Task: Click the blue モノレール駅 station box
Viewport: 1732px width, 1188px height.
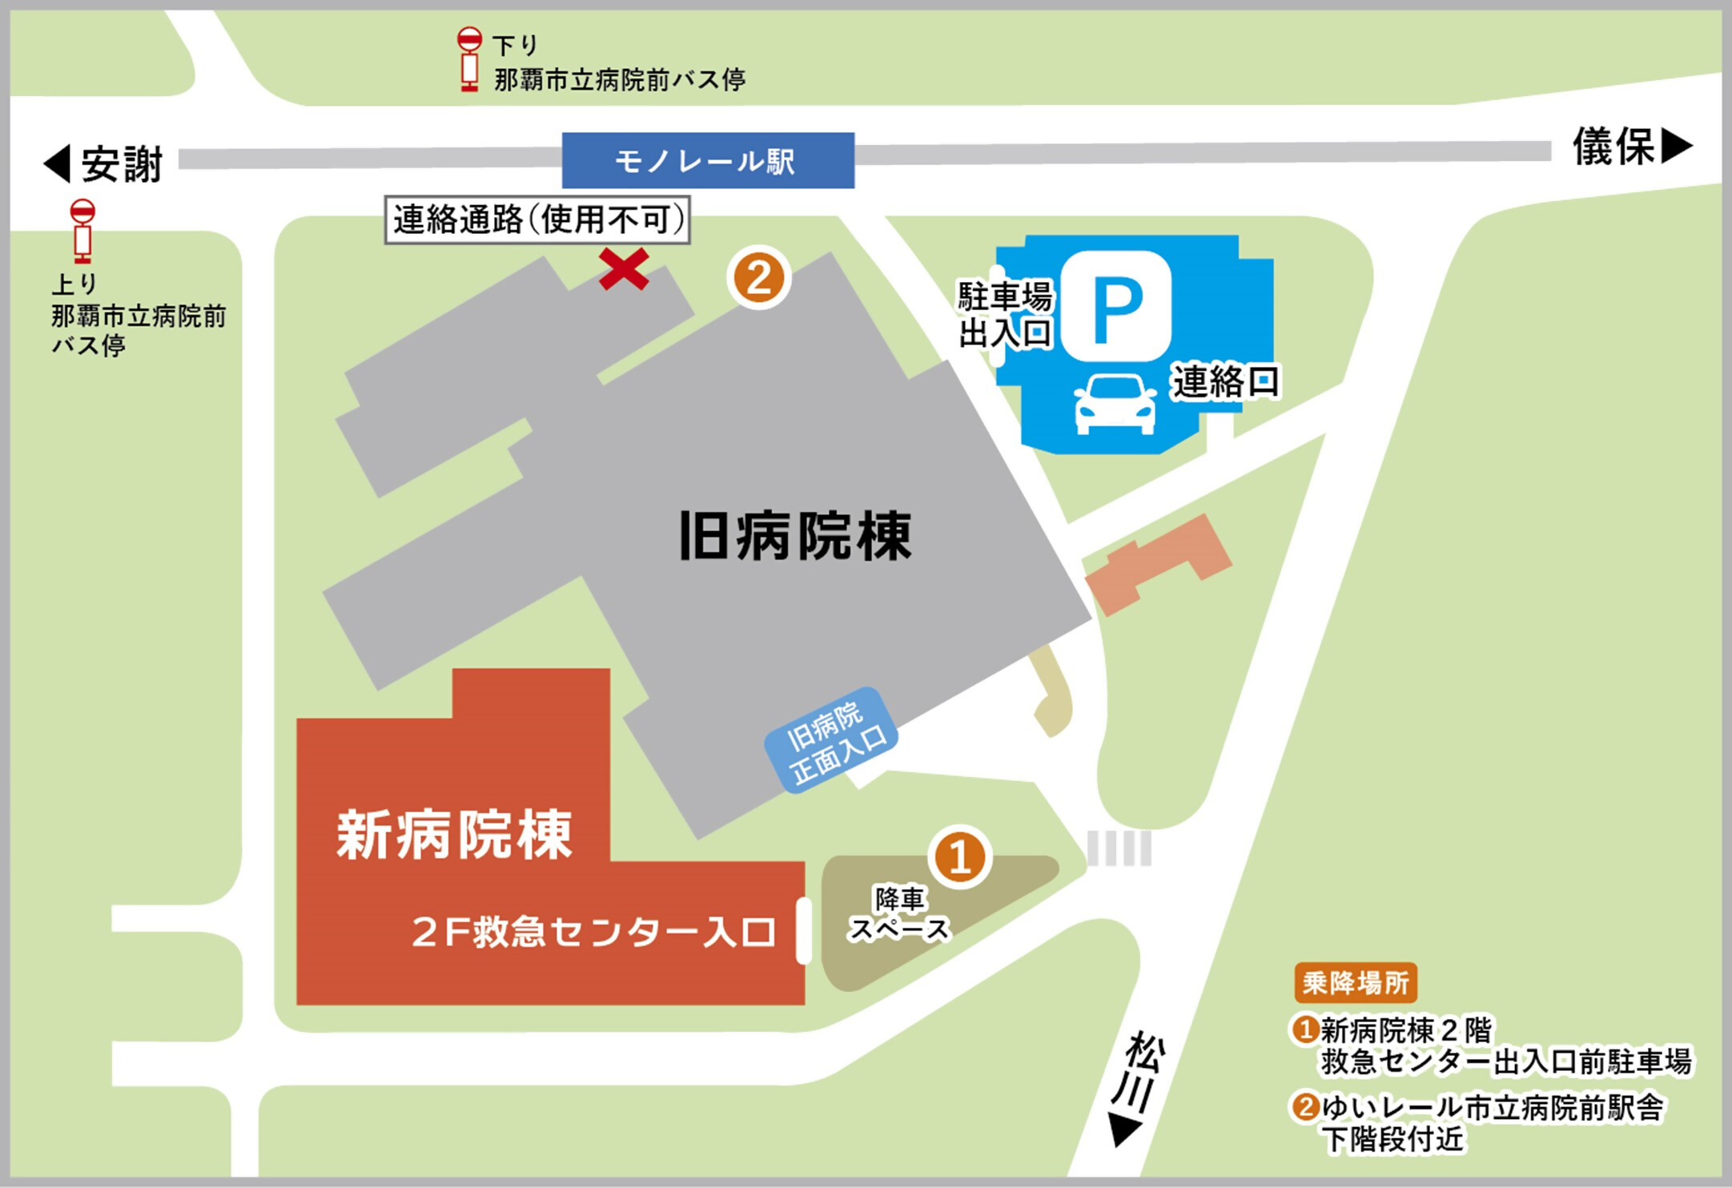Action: pyautogui.click(x=708, y=161)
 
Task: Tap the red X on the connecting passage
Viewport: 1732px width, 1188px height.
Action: pyautogui.click(x=624, y=269)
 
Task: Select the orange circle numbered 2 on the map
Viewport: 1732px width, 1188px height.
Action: pyautogui.click(x=758, y=278)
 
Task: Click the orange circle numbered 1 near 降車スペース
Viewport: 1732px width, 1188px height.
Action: pyautogui.click(x=959, y=857)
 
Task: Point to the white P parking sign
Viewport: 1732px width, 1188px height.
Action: pyautogui.click(x=1117, y=306)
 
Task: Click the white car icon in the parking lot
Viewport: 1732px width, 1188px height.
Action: pyautogui.click(x=1115, y=405)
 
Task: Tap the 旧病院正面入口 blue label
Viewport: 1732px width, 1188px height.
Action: pyautogui.click(x=832, y=740)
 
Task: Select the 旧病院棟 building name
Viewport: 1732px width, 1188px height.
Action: pyautogui.click(x=795, y=536)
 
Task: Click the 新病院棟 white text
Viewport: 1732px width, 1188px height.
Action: pyautogui.click(x=454, y=835)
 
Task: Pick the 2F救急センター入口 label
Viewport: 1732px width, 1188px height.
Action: pyautogui.click(x=593, y=932)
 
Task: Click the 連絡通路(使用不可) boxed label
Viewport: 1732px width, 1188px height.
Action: pyautogui.click(x=537, y=219)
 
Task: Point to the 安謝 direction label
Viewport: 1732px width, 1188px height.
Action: pyautogui.click(x=105, y=164)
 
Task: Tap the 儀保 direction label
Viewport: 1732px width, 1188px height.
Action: pyautogui.click(x=1632, y=147)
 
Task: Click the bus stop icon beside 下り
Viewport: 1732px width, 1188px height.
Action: pyautogui.click(x=469, y=60)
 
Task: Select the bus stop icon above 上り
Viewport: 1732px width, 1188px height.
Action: pyautogui.click(x=82, y=232)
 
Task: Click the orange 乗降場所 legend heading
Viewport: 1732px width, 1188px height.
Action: pyautogui.click(x=1355, y=983)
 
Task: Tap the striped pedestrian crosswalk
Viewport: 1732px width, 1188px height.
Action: pyautogui.click(x=1119, y=848)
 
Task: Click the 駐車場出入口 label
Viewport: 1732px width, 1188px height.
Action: pyautogui.click(x=1005, y=315)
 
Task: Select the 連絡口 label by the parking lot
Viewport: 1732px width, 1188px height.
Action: pyautogui.click(x=1225, y=381)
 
